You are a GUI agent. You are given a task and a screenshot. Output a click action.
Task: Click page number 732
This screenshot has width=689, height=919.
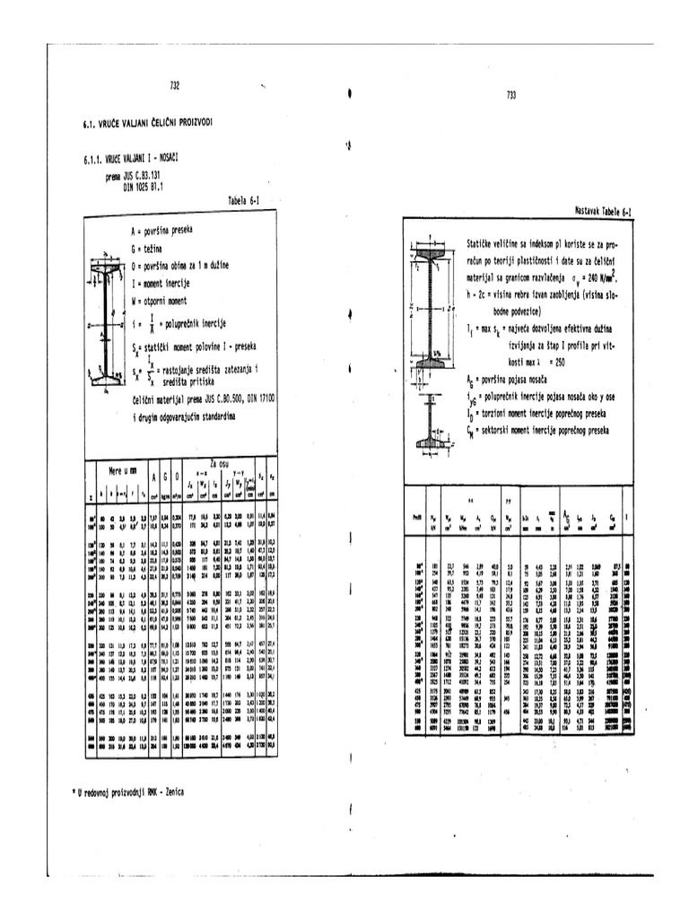175,85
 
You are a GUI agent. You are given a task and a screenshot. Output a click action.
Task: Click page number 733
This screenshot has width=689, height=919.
511,95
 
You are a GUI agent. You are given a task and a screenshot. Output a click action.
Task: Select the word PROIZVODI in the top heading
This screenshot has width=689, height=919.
191,122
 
